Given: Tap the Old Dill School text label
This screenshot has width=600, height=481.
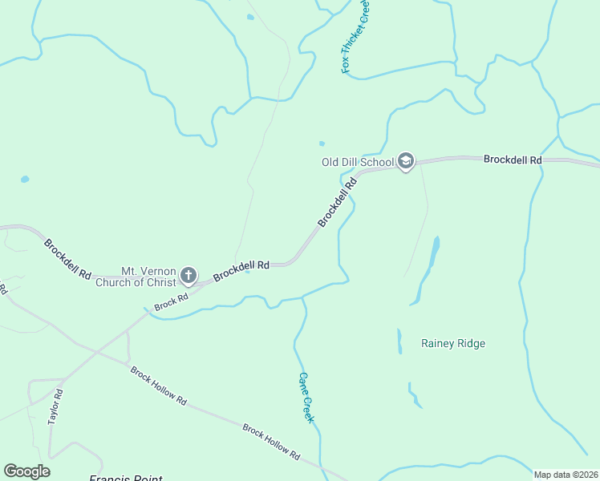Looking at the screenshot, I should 358,162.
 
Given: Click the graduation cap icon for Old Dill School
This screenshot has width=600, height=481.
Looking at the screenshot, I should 406,162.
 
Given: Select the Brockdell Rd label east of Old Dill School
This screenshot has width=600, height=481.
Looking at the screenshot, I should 513,160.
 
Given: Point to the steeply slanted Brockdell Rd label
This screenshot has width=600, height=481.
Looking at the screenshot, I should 337,203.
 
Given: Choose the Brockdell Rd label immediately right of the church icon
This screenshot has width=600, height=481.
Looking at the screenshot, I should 241,270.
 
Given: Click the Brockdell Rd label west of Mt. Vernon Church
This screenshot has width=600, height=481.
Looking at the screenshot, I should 67,258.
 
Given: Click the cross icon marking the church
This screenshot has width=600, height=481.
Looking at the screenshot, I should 188,277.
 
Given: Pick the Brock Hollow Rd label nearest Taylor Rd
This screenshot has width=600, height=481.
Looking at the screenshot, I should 159,386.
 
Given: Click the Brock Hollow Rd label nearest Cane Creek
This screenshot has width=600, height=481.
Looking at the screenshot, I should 271,442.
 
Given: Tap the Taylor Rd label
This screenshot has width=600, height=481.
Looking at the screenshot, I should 55,406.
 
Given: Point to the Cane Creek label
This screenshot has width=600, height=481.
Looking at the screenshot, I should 306,398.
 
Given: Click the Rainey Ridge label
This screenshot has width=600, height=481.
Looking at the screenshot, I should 453,343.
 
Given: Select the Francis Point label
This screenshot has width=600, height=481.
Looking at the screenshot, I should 125,479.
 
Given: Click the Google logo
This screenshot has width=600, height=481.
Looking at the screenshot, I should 26,471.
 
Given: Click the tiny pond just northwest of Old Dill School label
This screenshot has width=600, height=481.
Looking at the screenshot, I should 322,144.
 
